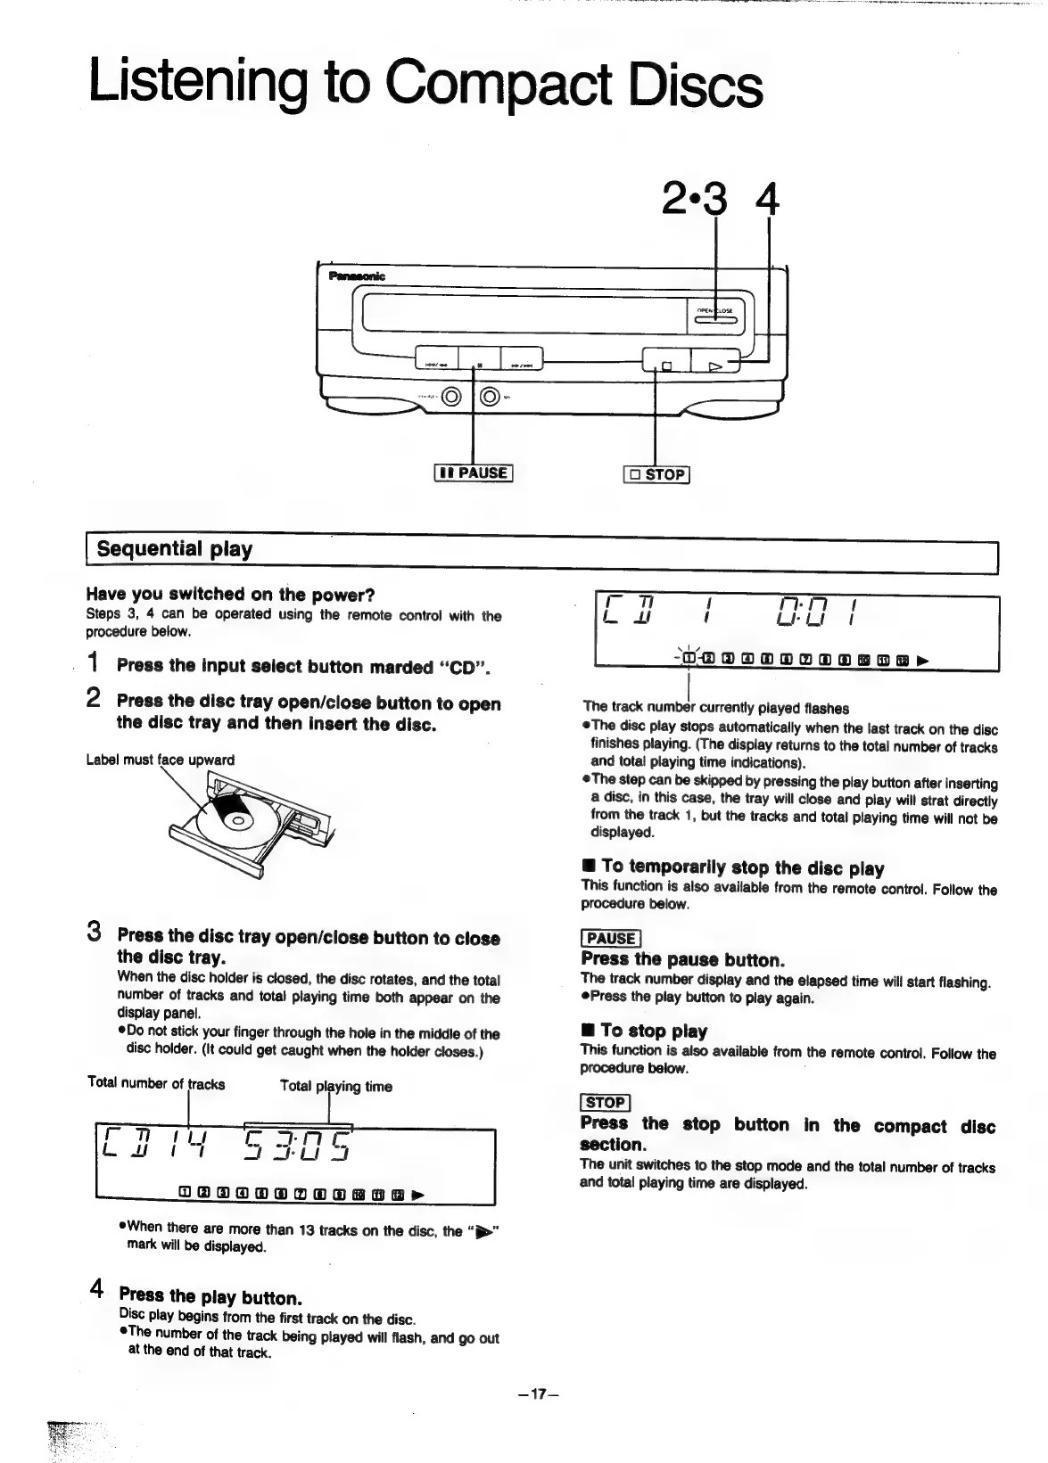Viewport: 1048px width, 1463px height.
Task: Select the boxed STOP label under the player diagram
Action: click(x=656, y=474)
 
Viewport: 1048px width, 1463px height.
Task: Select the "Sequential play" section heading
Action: click(x=175, y=549)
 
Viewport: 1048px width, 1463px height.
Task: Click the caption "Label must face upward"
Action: click(x=161, y=760)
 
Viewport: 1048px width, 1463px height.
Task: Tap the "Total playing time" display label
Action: click(x=335, y=1086)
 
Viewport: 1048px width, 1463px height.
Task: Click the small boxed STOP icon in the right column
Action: click(x=605, y=1102)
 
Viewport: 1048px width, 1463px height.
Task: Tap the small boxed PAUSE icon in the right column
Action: click(x=610, y=938)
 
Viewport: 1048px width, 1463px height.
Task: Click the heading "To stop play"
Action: click(x=653, y=1031)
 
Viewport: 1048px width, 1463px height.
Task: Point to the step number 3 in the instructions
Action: click(x=94, y=933)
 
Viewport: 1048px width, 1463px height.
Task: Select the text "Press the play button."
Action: click(x=210, y=1297)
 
